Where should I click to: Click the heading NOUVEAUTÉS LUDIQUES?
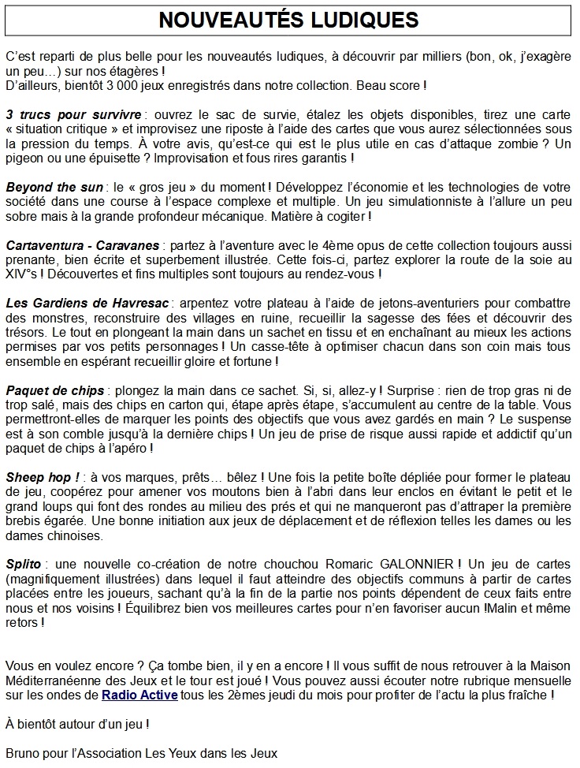(289, 20)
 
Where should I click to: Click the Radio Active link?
(139, 695)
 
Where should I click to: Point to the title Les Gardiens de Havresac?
(87, 303)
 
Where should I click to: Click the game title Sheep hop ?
(43, 477)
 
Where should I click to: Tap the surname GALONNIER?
(414, 564)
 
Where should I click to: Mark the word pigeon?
(28, 158)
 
